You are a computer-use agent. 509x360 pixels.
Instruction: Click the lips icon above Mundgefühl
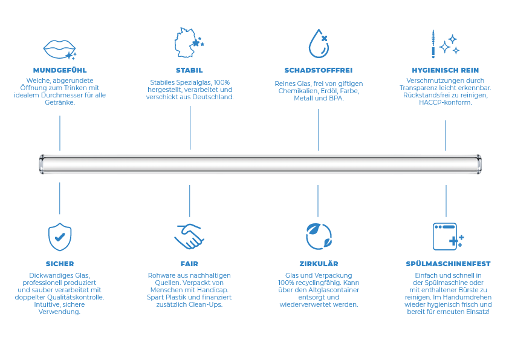[x=59, y=48]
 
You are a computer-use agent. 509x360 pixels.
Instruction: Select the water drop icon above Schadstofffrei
[x=318, y=43]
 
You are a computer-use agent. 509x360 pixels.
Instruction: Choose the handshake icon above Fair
[x=189, y=235]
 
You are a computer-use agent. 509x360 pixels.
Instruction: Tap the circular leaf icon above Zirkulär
[x=318, y=235]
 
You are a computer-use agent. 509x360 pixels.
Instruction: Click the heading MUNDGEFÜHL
[x=60, y=70]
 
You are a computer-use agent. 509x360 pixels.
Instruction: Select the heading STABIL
[x=189, y=70]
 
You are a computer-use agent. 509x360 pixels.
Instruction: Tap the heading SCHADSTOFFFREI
[x=318, y=70]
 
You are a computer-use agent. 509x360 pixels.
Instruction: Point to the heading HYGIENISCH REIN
[x=445, y=70]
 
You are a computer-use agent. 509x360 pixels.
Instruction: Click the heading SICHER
[x=60, y=264]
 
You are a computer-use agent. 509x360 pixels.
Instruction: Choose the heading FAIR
[x=189, y=264]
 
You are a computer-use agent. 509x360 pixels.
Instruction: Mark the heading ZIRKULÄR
[x=318, y=264]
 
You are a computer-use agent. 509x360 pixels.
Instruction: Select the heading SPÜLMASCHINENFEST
[x=448, y=264]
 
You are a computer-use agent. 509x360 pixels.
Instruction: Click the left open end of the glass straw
[x=41, y=164]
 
